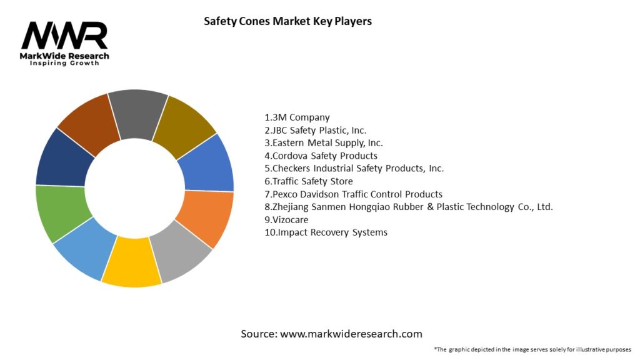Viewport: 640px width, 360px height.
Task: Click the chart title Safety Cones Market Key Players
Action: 287,21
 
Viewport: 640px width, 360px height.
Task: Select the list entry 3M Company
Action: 297,117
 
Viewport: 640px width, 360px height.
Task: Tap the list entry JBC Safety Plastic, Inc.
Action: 315,130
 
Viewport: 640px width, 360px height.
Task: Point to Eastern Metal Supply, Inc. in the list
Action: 324,143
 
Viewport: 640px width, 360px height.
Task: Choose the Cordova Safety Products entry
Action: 321,156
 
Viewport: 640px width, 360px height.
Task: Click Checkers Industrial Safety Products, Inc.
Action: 354,169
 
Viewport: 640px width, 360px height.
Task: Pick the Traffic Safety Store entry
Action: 309,181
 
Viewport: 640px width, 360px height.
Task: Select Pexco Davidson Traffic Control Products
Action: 353,194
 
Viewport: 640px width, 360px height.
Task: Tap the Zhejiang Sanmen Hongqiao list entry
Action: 409,207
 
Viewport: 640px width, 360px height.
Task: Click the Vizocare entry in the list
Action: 286,220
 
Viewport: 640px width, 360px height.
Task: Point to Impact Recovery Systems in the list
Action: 326,232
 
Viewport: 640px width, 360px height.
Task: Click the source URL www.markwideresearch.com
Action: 351,334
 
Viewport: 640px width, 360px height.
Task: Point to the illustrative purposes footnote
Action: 532,349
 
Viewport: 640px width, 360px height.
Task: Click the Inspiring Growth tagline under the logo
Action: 64,64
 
